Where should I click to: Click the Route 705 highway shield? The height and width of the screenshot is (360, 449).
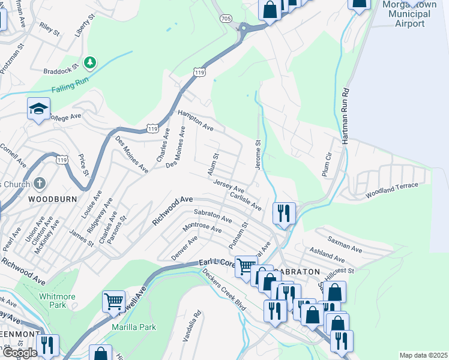coord(226,19)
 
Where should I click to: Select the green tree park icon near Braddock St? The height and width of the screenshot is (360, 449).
coord(90,62)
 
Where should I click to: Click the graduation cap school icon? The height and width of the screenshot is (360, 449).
coord(38,109)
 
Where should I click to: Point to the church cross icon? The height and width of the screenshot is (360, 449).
coord(39,182)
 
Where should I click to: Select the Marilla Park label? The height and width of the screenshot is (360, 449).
coord(134,327)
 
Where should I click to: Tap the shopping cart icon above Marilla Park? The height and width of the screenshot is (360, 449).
coord(113,301)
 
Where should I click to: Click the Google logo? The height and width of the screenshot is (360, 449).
coord(20,353)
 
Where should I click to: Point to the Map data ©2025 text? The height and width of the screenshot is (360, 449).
coord(423,355)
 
